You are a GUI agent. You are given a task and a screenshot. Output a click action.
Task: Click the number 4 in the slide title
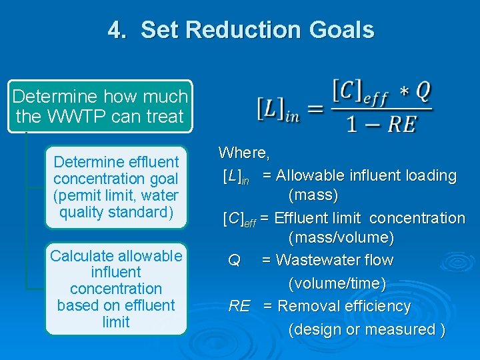[115, 30]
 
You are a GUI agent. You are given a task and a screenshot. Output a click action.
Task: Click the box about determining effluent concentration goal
[116, 187]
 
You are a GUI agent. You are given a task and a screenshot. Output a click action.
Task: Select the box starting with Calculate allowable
[116, 289]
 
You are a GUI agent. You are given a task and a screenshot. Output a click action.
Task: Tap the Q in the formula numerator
[423, 91]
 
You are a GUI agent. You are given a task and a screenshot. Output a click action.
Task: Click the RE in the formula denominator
[403, 124]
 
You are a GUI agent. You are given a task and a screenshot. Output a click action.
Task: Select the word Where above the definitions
[243, 153]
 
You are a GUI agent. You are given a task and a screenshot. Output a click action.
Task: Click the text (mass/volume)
[341, 237]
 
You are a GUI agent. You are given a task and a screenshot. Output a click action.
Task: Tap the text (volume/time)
[337, 283]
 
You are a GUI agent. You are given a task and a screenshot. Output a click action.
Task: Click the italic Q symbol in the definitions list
[234, 261]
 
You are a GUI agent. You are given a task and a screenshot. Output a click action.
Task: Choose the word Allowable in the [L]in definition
[309, 176]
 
